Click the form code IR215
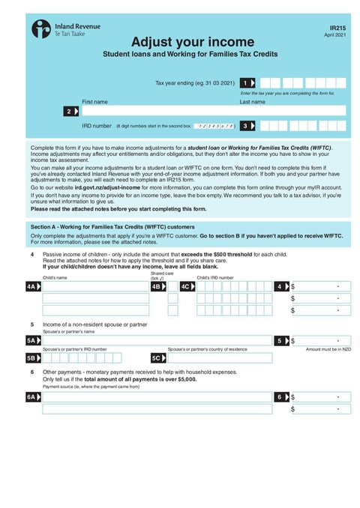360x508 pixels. pos(337,27)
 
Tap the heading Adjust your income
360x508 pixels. pos(193,42)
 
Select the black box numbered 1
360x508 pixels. pos(247,82)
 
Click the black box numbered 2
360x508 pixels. pos(70,111)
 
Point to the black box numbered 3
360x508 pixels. pos(247,127)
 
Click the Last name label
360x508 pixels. pos(252,101)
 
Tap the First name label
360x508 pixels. pos(94,101)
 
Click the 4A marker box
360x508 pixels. pos(32,286)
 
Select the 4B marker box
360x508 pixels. pos(157,286)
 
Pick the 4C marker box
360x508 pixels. pos(186,286)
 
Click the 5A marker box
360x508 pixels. pos(32,340)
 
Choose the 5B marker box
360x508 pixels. pos(32,358)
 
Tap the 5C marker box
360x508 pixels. pos(157,358)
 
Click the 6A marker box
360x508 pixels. pos(32,397)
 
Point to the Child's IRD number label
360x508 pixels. pos(215,278)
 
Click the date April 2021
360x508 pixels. pos(336,35)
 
